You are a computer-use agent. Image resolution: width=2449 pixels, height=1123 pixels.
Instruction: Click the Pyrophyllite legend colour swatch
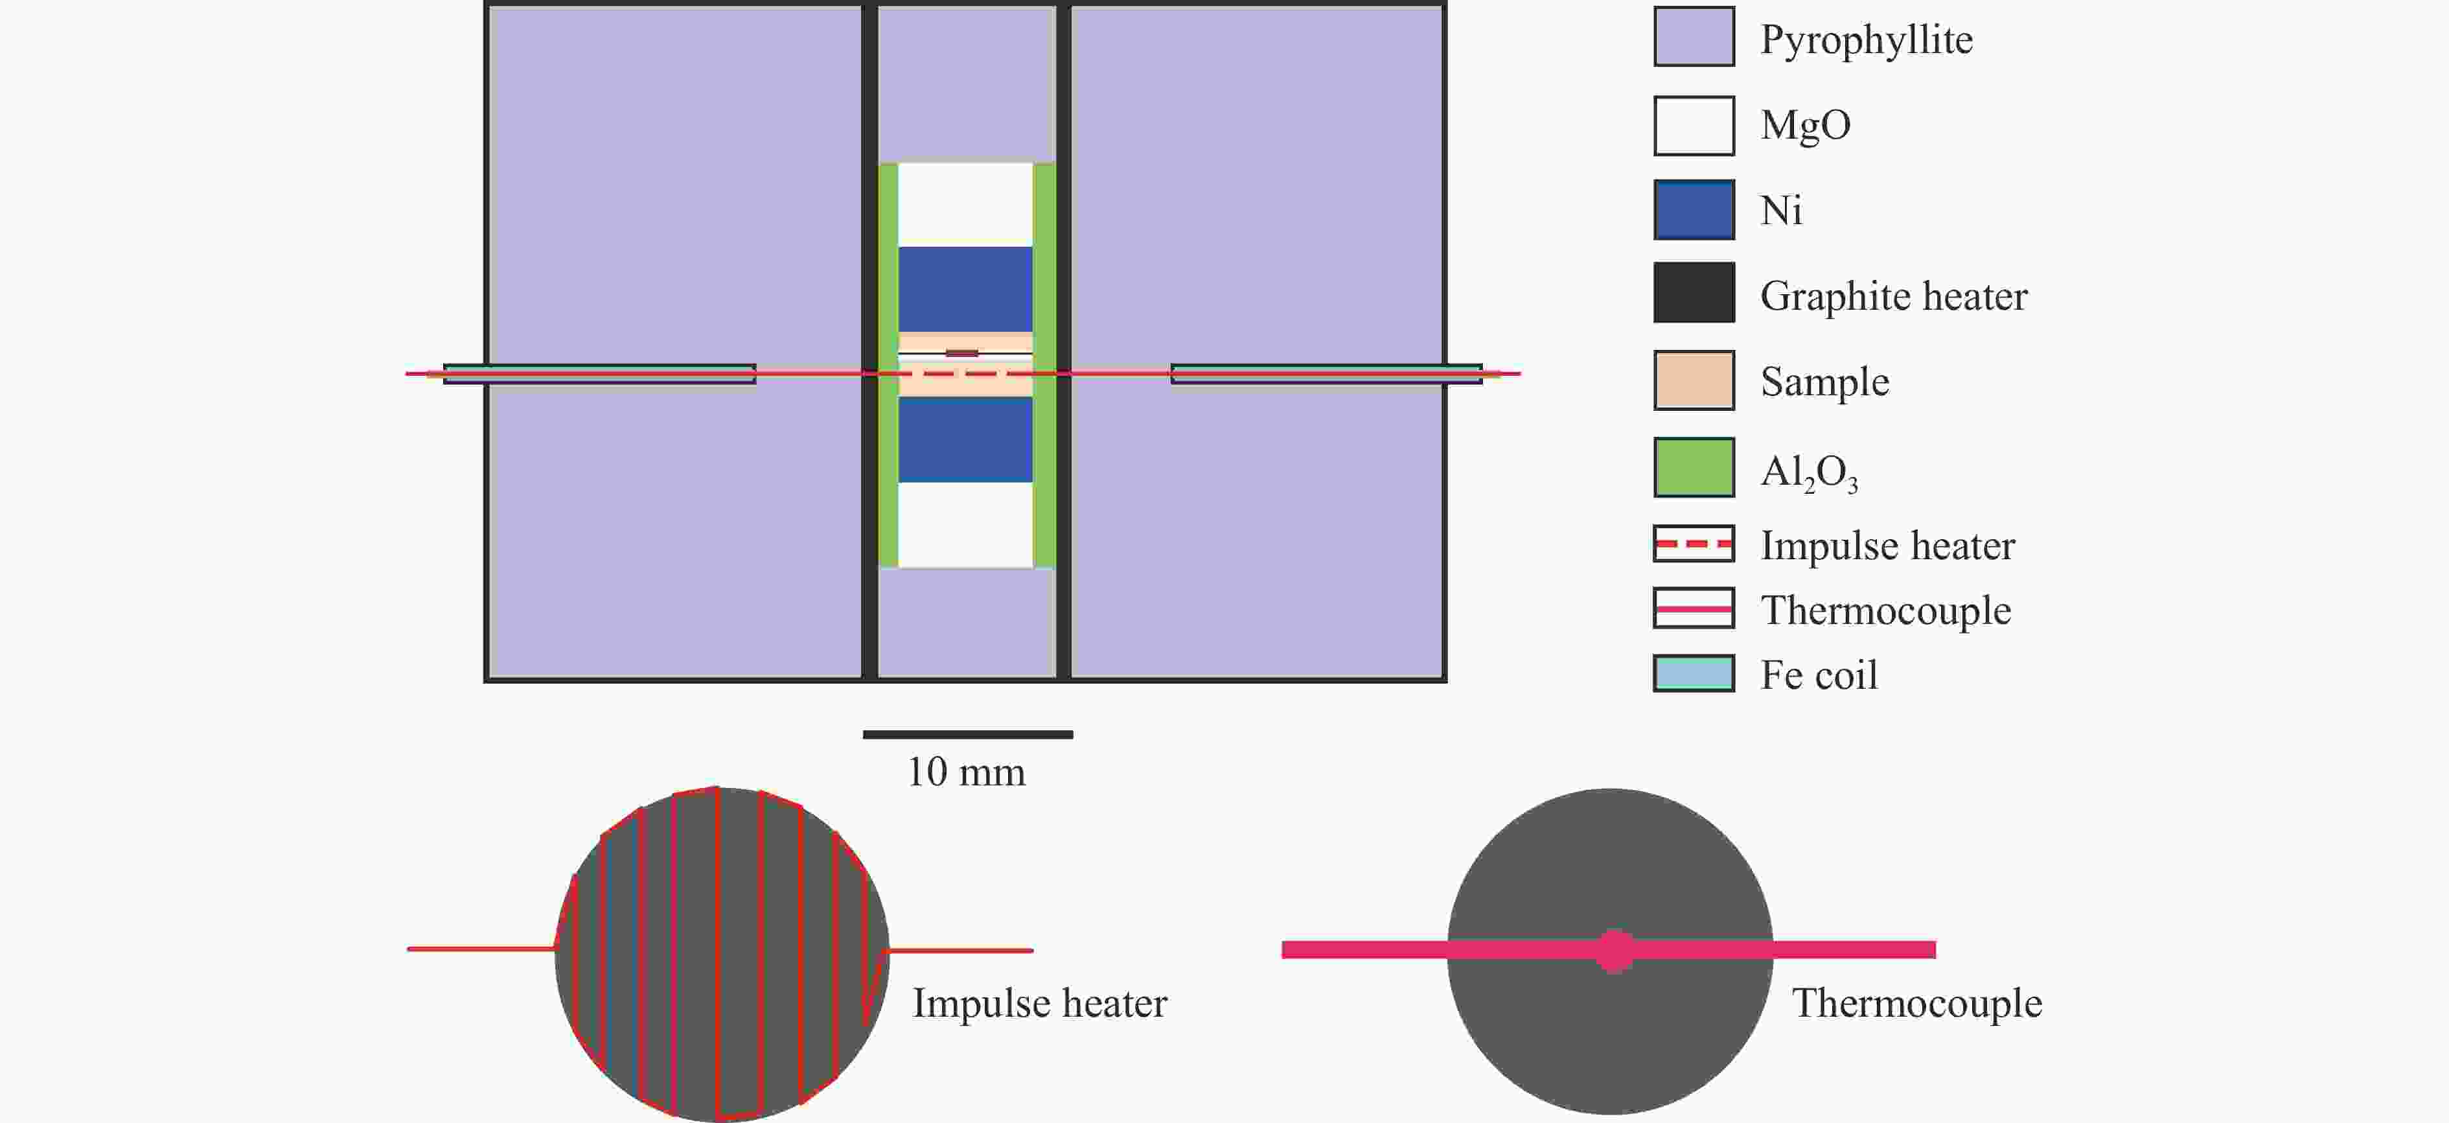(1694, 37)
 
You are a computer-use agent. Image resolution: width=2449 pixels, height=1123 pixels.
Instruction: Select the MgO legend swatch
(1694, 126)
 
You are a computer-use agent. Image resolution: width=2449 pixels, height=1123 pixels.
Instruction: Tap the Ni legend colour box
(1694, 209)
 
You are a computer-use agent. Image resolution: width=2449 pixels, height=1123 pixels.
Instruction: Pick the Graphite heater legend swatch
(1694, 293)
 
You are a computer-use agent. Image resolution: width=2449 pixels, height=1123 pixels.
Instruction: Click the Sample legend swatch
(1694, 380)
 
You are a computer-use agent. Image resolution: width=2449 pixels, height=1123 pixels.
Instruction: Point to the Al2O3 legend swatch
(1694, 467)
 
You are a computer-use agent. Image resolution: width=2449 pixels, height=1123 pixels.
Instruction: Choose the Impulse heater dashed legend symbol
(1694, 544)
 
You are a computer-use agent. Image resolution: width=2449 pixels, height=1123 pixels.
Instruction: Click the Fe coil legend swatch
(1694, 673)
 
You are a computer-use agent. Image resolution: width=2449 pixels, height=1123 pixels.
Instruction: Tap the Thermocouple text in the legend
(1885, 610)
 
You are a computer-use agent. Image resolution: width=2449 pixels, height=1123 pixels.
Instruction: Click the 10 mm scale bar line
(968, 734)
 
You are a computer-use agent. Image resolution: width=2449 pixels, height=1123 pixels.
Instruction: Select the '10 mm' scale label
(967, 772)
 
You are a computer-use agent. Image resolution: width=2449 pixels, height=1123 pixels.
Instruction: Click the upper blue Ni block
(965, 289)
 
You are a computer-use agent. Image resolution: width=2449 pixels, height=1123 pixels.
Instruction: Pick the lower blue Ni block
(965, 439)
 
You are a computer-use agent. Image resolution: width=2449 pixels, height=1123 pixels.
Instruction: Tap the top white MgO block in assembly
(965, 204)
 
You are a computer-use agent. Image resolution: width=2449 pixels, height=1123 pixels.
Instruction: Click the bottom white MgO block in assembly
(965, 525)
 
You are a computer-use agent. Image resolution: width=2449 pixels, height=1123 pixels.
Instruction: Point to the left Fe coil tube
(600, 374)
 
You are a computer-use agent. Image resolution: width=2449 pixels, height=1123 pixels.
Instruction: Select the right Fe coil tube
(1326, 374)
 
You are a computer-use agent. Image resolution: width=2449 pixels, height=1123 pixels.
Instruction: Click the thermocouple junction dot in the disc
(1615, 950)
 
